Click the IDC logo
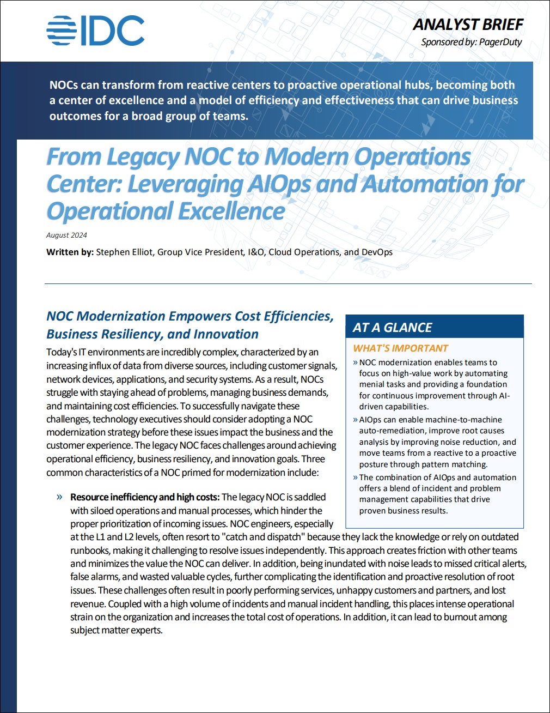tap(95, 31)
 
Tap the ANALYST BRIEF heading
tap(468, 25)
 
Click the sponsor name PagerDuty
tap(500, 42)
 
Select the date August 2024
tap(66, 235)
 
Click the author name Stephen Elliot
tap(124, 252)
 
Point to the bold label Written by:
tap(70, 252)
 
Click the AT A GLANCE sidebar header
tap(392, 328)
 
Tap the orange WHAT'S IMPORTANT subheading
tap(400, 348)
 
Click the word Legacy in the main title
tap(143, 157)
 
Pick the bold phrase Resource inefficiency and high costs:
tap(145, 497)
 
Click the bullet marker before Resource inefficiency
tap(59, 497)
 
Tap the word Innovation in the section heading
tap(226, 334)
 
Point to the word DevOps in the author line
tap(377, 252)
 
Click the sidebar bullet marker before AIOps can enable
tap(355, 420)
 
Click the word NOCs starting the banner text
tap(63, 85)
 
